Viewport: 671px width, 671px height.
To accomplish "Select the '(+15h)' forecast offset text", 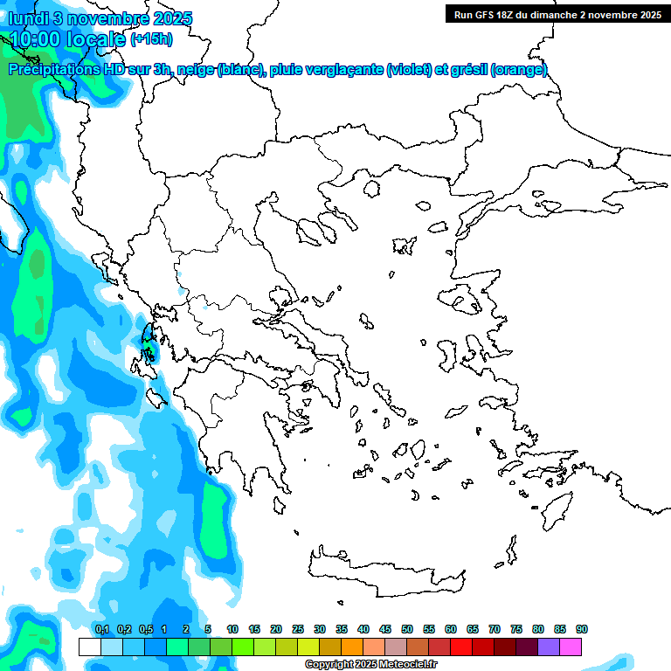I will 151,38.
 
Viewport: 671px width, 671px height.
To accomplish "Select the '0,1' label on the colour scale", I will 101,629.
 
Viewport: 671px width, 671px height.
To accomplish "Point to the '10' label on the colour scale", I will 232,629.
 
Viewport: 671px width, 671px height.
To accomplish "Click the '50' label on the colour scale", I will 407,629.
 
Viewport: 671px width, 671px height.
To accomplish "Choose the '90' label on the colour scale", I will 582,629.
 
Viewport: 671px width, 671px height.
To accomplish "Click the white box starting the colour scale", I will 90,647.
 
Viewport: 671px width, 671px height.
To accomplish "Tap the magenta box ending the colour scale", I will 571,647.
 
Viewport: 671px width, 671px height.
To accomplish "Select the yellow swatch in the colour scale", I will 308,647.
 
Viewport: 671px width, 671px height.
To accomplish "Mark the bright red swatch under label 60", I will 461,647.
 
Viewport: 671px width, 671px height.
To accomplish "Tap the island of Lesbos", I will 463,302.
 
